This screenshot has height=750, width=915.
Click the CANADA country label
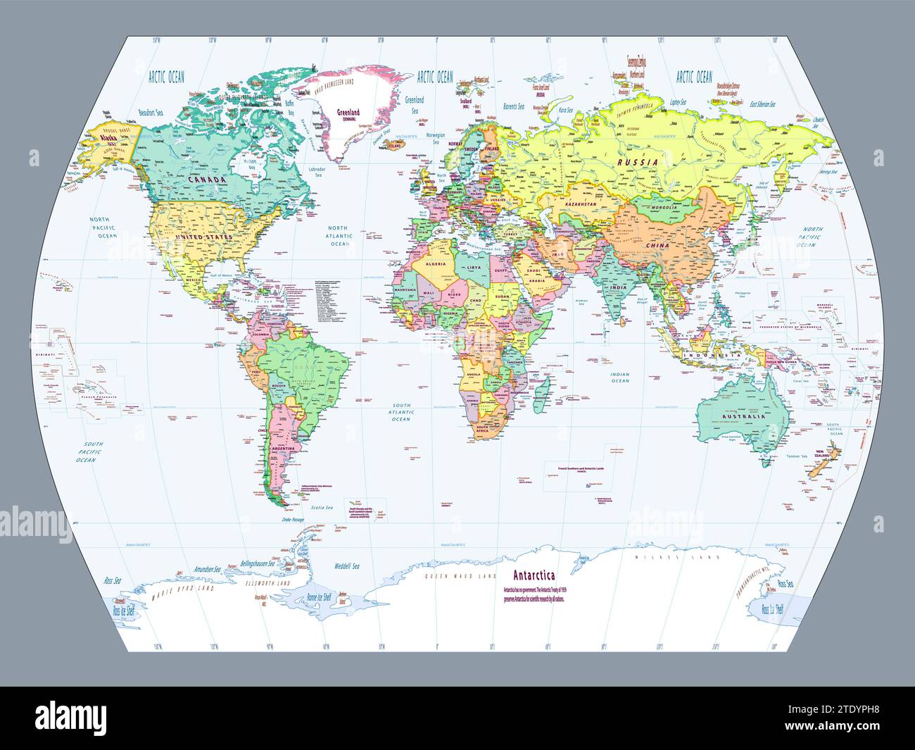[206, 180]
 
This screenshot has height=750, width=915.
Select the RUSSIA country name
[638, 162]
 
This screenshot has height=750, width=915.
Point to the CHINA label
[655, 244]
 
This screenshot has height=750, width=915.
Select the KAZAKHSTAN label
[579, 204]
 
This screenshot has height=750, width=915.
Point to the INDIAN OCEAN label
[619, 377]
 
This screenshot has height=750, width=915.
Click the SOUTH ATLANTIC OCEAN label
[401, 412]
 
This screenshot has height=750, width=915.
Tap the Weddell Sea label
[346, 565]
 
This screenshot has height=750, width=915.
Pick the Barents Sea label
[514, 106]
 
